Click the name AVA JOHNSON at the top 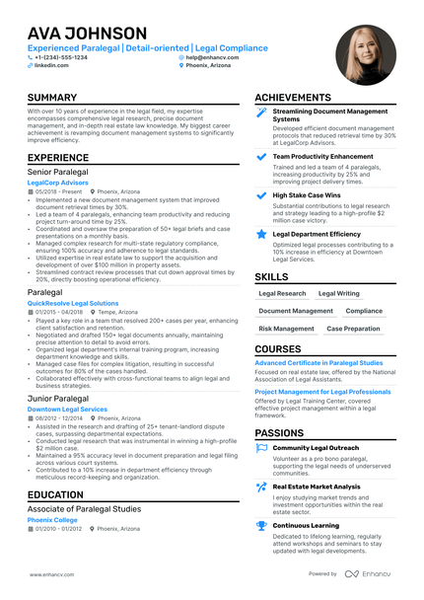click(x=87, y=33)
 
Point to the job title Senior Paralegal click(x=59, y=172)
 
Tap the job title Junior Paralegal click(x=58, y=398)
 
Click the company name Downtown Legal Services click(x=68, y=409)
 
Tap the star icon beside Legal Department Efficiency click(x=260, y=234)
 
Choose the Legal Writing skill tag click(x=339, y=293)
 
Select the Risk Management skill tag click(x=286, y=329)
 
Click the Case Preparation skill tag click(x=354, y=329)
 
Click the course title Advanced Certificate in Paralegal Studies click(x=318, y=363)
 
